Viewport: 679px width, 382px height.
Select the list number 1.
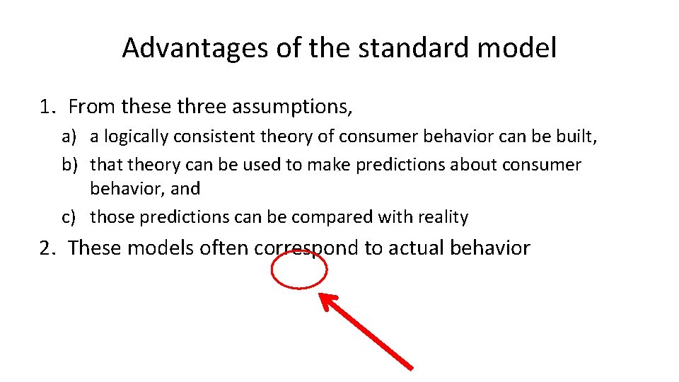(x=47, y=108)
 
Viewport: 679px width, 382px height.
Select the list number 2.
(x=47, y=248)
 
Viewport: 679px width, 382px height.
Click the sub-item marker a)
(x=69, y=136)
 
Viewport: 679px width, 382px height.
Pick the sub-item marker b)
(x=69, y=165)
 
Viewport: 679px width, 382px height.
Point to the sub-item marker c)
(x=69, y=217)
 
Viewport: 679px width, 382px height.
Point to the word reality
(x=444, y=217)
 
